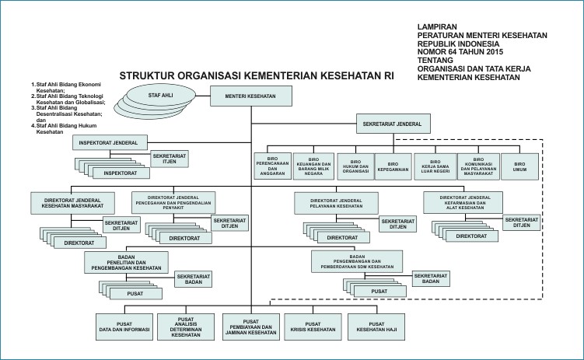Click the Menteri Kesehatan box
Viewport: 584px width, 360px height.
click(x=251, y=96)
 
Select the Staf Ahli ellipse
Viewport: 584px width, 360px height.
click(x=160, y=96)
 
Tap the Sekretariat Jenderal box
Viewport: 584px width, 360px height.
click(x=393, y=124)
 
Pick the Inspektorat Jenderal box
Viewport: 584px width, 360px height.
click(x=110, y=142)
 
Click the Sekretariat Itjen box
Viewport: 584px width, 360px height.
click(x=170, y=159)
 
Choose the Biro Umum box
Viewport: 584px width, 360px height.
click(x=520, y=166)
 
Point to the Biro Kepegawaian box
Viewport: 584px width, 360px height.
click(x=393, y=166)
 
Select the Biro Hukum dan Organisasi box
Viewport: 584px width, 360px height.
click(x=355, y=166)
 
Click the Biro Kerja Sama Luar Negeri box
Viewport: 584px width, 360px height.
click(x=435, y=166)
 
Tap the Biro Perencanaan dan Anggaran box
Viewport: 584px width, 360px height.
click(x=273, y=166)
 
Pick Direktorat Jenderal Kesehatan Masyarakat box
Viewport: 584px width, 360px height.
click(x=72, y=203)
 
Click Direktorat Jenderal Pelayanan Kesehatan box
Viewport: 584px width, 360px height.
click(x=336, y=203)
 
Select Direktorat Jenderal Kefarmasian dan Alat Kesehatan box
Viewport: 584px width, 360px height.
click(x=463, y=202)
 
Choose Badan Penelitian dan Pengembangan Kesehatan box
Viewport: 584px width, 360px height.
click(x=126, y=263)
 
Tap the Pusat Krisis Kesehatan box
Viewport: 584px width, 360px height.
click(x=313, y=327)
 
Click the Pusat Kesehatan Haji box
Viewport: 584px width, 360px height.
click(x=376, y=327)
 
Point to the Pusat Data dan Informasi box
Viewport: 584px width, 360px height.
click(x=124, y=327)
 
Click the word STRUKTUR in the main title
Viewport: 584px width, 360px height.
click(x=147, y=76)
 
